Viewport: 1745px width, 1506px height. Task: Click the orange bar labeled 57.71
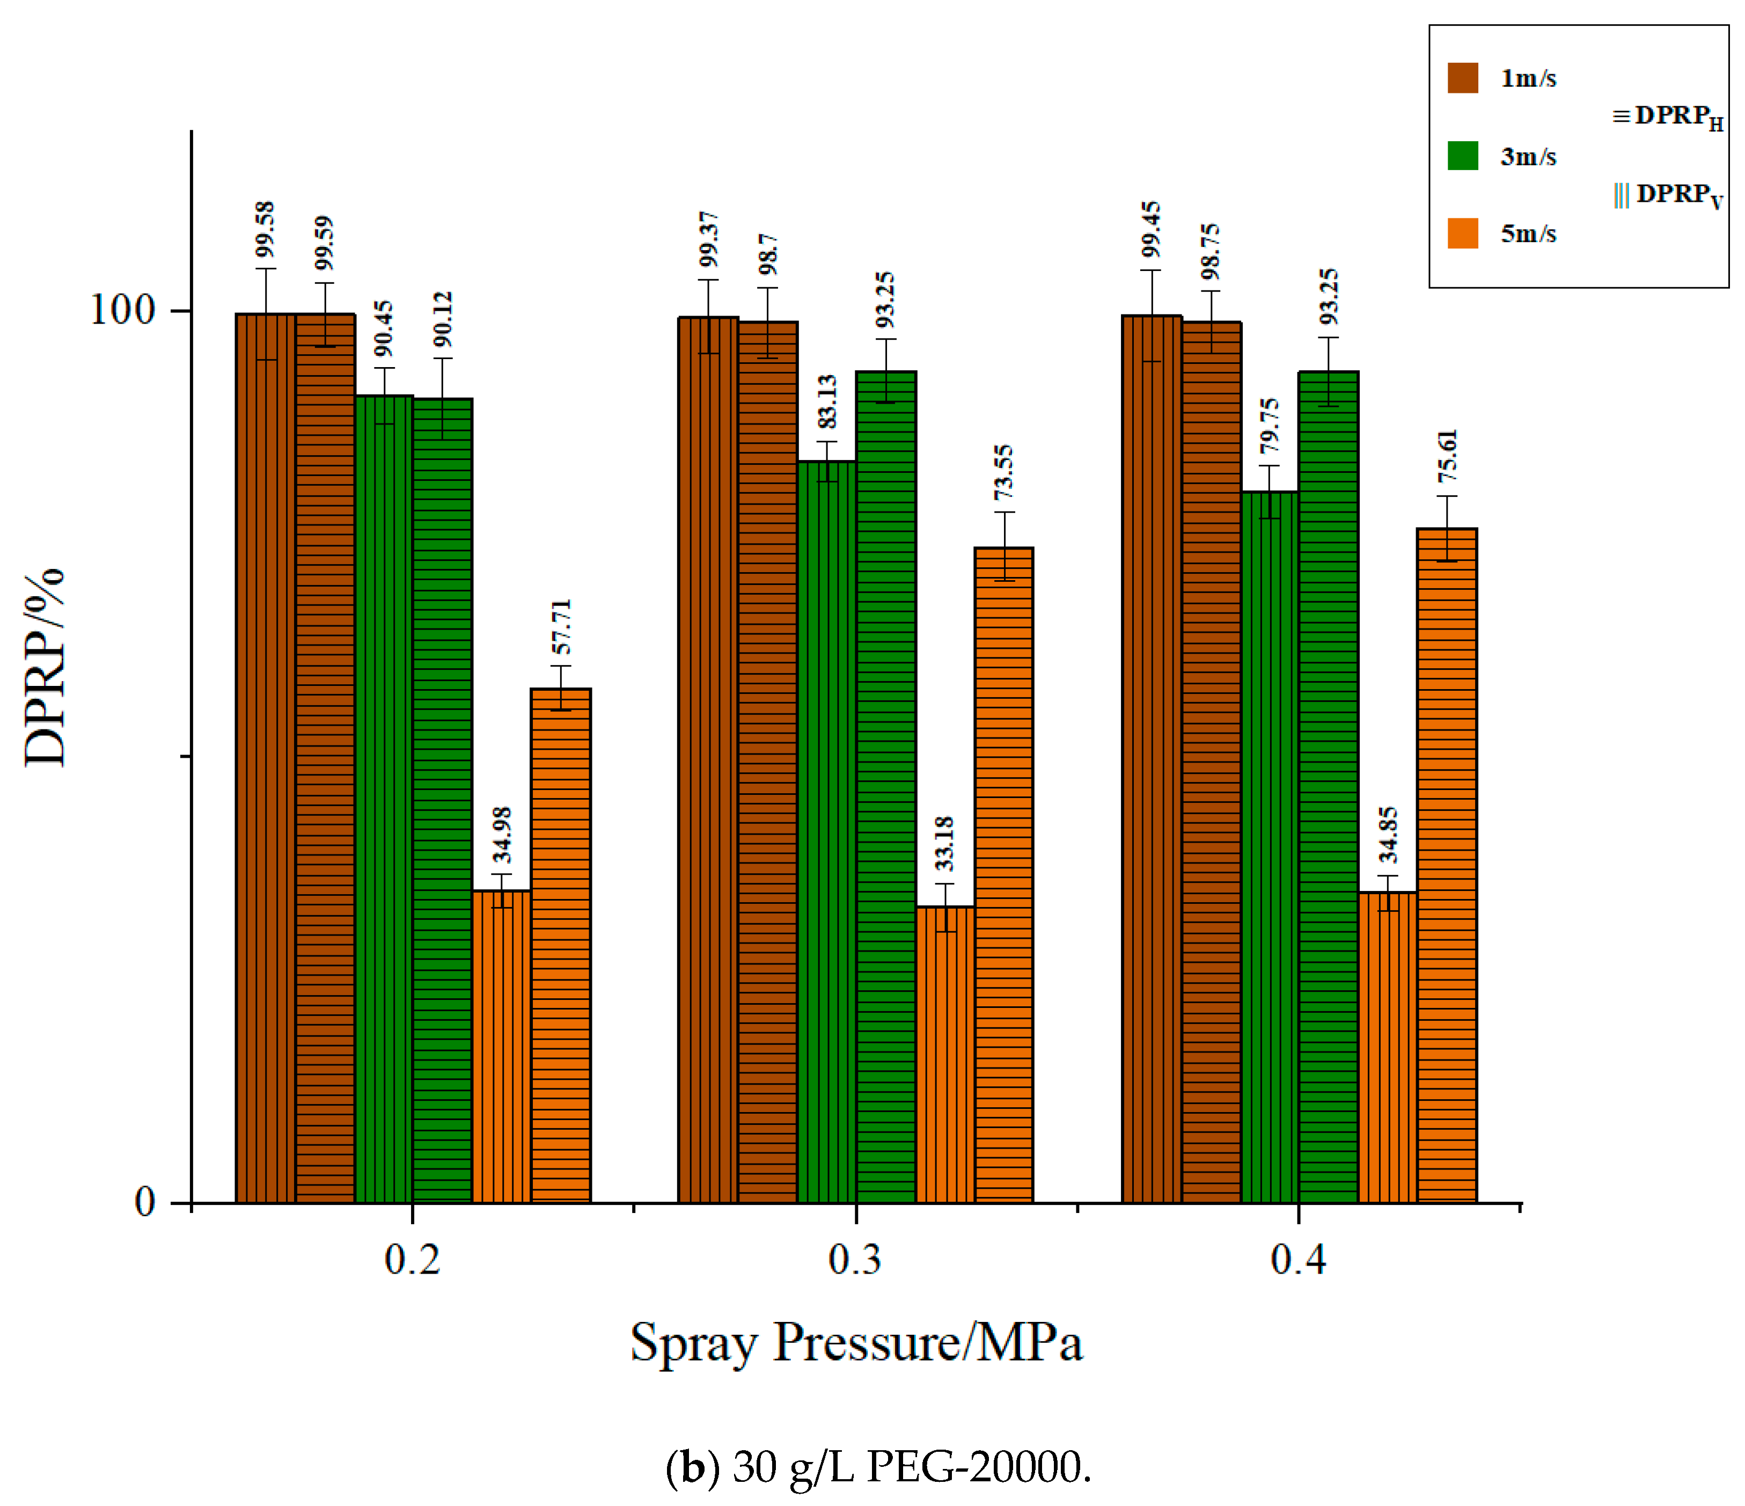[x=560, y=945]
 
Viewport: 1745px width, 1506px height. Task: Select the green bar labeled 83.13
[x=826, y=831]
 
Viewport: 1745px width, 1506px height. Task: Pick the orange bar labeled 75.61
[x=1446, y=865]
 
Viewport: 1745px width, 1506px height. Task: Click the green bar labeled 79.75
[x=1269, y=846]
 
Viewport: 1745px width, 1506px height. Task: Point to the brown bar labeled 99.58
[x=265, y=758]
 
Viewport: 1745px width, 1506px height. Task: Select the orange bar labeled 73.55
[x=1004, y=874]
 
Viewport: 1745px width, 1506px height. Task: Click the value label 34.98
[x=502, y=835]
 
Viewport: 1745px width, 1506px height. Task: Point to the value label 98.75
[x=1210, y=252]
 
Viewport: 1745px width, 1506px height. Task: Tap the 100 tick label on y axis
[x=123, y=310]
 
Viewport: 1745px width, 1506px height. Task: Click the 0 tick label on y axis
[x=145, y=1201]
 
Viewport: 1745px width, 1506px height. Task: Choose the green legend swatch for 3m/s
[x=1463, y=156]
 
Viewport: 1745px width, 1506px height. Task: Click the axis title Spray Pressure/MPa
[x=856, y=1343]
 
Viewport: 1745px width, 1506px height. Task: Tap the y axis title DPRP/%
[x=44, y=667]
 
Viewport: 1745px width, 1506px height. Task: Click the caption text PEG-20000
[x=977, y=1467]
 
